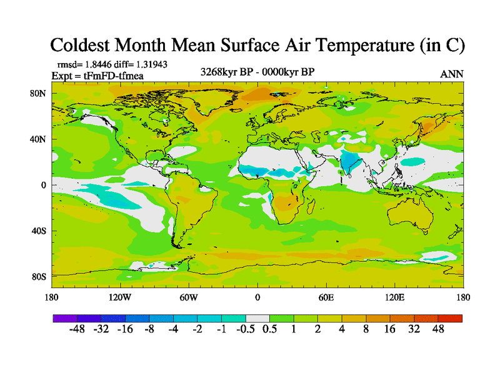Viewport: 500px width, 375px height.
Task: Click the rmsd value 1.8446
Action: tap(97, 64)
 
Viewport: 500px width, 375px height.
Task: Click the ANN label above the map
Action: tap(452, 74)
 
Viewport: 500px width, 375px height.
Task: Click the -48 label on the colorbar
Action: tap(77, 329)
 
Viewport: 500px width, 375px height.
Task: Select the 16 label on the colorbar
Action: tap(389, 329)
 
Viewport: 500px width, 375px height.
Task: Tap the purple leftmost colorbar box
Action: tap(64, 318)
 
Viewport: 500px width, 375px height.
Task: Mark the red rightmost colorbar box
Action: tap(450, 318)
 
